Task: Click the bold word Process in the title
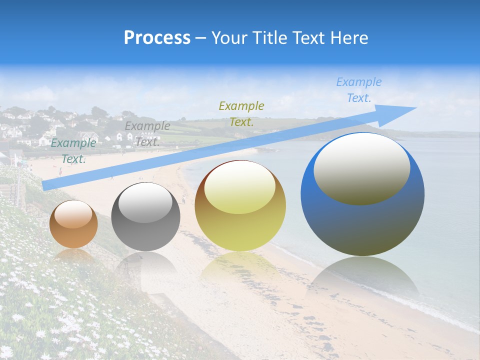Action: [x=157, y=38]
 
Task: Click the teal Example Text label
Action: [x=73, y=151]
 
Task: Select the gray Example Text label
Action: [x=147, y=134]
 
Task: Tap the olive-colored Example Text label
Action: [x=241, y=114]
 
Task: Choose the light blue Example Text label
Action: [x=359, y=90]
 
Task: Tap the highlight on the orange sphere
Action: [x=73, y=214]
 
